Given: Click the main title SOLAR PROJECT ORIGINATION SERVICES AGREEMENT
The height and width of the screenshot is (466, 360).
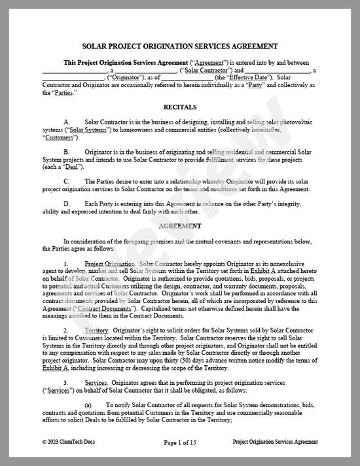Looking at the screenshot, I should click(x=179, y=46).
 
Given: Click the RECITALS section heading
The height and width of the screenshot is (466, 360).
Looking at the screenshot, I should click(x=179, y=106).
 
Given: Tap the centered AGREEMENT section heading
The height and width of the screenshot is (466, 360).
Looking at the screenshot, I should click(x=179, y=225).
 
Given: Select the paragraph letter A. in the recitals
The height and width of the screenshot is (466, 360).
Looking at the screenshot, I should click(x=67, y=122).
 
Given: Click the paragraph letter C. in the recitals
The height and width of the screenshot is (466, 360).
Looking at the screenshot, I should click(x=67, y=181).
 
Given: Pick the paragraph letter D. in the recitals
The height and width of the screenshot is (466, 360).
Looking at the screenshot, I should click(x=67, y=203).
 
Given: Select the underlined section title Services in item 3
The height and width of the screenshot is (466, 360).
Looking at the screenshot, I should click(x=97, y=382).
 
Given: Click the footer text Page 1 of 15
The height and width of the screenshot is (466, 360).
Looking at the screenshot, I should click(x=179, y=442).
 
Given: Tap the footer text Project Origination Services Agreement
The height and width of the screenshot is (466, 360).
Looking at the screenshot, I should click(x=274, y=442).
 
